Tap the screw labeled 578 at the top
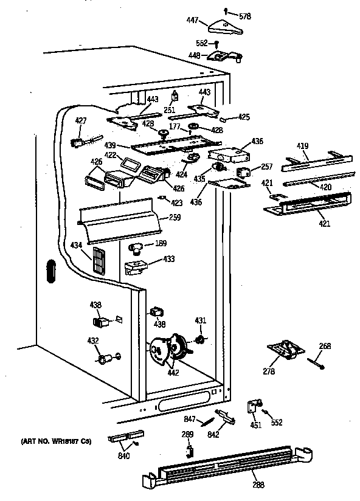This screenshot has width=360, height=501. point(226,10)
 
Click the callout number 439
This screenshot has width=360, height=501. point(110,146)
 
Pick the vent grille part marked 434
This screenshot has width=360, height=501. point(98,260)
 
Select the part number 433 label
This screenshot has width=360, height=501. point(168,260)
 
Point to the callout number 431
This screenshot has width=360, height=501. point(201,320)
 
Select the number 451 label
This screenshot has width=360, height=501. point(255,425)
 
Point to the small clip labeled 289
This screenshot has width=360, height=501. point(189,449)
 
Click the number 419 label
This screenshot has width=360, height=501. point(302,146)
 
